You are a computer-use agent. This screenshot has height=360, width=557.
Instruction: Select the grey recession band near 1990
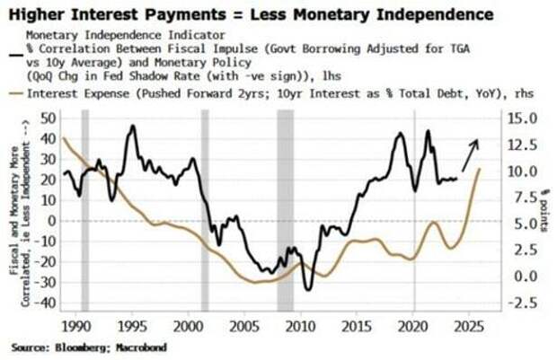coord(85,211)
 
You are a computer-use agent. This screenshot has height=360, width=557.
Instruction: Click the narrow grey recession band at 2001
coord(205,211)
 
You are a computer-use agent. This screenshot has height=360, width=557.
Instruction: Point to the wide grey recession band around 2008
coord(285,211)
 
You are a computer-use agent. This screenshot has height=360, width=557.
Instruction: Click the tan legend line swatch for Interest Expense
coord(16,92)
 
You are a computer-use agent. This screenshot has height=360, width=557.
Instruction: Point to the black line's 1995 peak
coord(131,126)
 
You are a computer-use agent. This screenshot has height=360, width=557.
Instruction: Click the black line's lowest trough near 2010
coord(308,289)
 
